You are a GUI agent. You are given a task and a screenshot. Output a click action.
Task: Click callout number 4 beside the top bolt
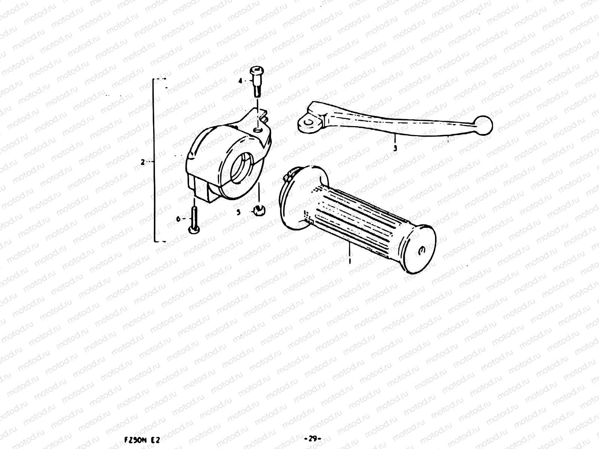(x=241, y=80)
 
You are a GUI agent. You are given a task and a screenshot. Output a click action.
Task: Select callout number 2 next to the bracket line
(x=143, y=162)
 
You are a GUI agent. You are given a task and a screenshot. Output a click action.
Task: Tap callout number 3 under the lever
(x=395, y=148)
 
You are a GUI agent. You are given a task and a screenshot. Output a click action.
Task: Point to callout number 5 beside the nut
(x=238, y=212)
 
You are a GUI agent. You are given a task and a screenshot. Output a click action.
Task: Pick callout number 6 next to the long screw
(x=179, y=219)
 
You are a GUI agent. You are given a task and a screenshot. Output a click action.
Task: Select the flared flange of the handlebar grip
(x=296, y=195)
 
